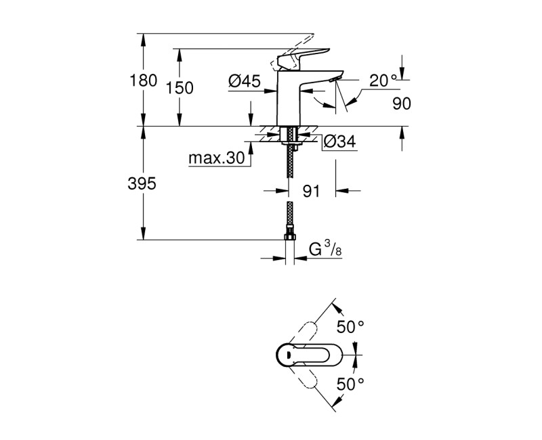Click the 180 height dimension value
click(x=144, y=81)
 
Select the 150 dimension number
click(x=181, y=88)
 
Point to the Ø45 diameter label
click(x=245, y=82)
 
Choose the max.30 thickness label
click(x=216, y=158)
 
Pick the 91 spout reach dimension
click(x=311, y=192)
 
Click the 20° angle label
click(x=383, y=80)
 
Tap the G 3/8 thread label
click(x=325, y=250)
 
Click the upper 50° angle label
click(x=351, y=327)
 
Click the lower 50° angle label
click(x=351, y=384)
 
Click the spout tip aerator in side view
click(x=332, y=81)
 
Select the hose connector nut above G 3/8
click(x=290, y=237)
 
